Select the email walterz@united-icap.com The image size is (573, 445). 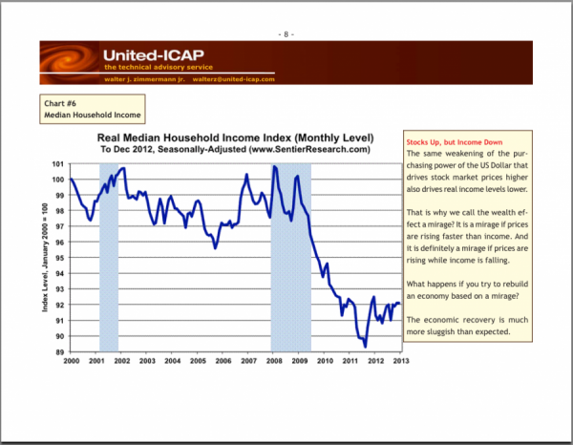click(233, 79)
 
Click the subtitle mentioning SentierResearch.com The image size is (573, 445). click(235, 151)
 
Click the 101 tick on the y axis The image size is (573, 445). click(56, 165)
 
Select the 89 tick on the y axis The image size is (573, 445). click(56, 352)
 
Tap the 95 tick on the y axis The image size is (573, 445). click(56, 259)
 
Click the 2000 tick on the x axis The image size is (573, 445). click(71, 361)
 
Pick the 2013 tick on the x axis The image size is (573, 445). click(401, 361)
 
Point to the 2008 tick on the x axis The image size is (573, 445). click(274, 361)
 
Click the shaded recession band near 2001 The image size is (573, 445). click(109, 258)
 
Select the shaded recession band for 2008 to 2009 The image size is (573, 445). click(291, 258)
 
